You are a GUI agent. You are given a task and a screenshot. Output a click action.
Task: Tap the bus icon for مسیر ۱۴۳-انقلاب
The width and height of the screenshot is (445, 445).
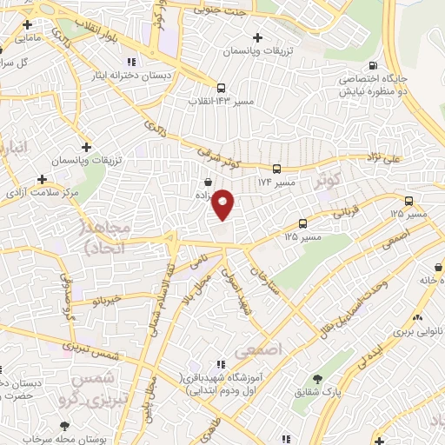coord(222,87)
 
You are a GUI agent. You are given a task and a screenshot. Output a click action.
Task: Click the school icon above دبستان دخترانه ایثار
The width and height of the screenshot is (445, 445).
coord(131,62)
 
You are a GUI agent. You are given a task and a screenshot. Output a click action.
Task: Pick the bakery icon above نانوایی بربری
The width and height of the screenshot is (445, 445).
coord(417,317)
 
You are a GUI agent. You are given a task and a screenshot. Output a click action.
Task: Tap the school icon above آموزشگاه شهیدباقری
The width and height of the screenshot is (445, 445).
coord(220,363)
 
